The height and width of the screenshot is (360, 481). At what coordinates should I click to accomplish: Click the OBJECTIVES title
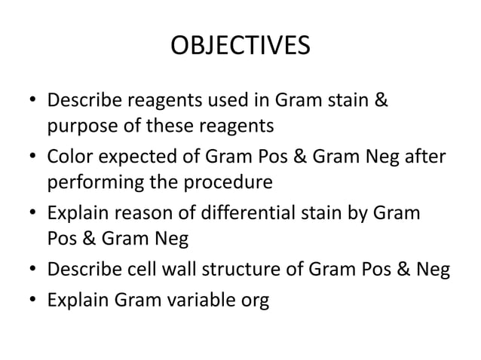coord(240,47)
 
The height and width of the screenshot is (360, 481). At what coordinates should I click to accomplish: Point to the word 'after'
coord(424,158)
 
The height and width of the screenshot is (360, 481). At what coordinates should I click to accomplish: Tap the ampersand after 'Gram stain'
coord(381,101)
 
